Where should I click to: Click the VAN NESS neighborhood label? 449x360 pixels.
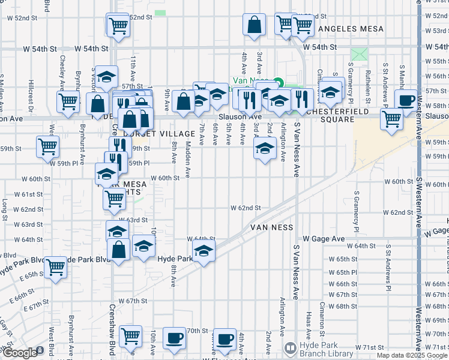(x=271, y=228)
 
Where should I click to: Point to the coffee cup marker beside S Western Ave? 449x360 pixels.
(x=406, y=100)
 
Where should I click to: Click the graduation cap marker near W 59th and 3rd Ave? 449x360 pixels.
(x=264, y=149)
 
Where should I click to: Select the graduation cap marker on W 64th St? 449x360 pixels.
(x=203, y=252)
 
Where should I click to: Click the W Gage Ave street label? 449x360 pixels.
(x=324, y=239)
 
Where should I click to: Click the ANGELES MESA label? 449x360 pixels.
(x=349, y=29)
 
